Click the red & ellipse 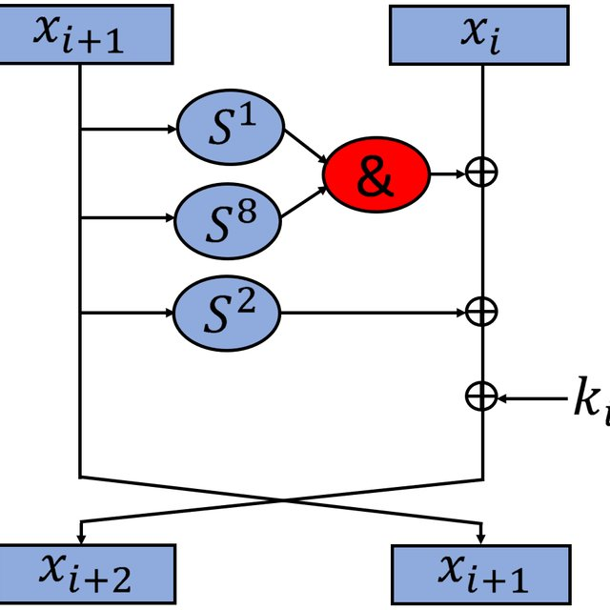pyautogui.click(x=376, y=174)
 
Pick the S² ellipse pyautogui.click(x=227, y=312)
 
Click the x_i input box pyautogui.click(x=481, y=35)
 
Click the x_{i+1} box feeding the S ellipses pyautogui.click(x=88, y=34)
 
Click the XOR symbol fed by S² pyautogui.click(x=481, y=311)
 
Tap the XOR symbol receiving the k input pyautogui.click(x=481, y=396)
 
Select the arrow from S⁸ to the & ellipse pyautogui.click(x=304, y=203)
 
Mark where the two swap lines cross pyautogui.click(x=282, y=498)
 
